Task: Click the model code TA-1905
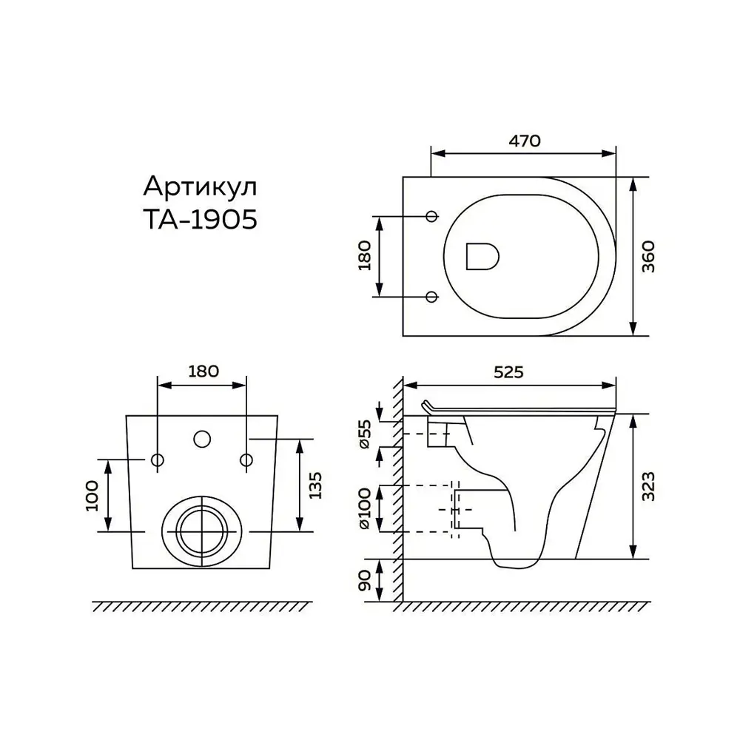[x=200, y=220]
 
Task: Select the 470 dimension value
[x=524, y=140]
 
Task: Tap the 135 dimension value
[x=315, y=485]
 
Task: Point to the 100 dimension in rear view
[x=93, y=495]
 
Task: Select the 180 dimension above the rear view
[x=203, y=371]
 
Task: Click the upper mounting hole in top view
[x=432, y=216]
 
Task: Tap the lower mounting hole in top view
[x=432, y=297]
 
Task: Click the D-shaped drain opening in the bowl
[x=482, y=256]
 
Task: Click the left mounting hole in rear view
[x=157, y=460]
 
